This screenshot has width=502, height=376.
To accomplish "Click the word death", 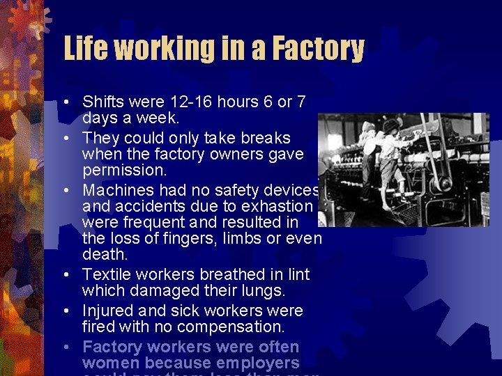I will tap(102, 256).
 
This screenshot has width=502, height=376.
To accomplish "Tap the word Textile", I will tap(107, 274).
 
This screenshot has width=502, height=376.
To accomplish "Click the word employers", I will tap(257, 363).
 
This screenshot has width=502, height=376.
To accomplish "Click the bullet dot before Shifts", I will tap(65, 102).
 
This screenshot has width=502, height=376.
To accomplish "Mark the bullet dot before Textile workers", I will tap(65, 275).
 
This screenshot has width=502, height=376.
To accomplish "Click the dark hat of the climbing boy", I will tap(390, 125).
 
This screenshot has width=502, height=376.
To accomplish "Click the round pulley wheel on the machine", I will tap(441, 183).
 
